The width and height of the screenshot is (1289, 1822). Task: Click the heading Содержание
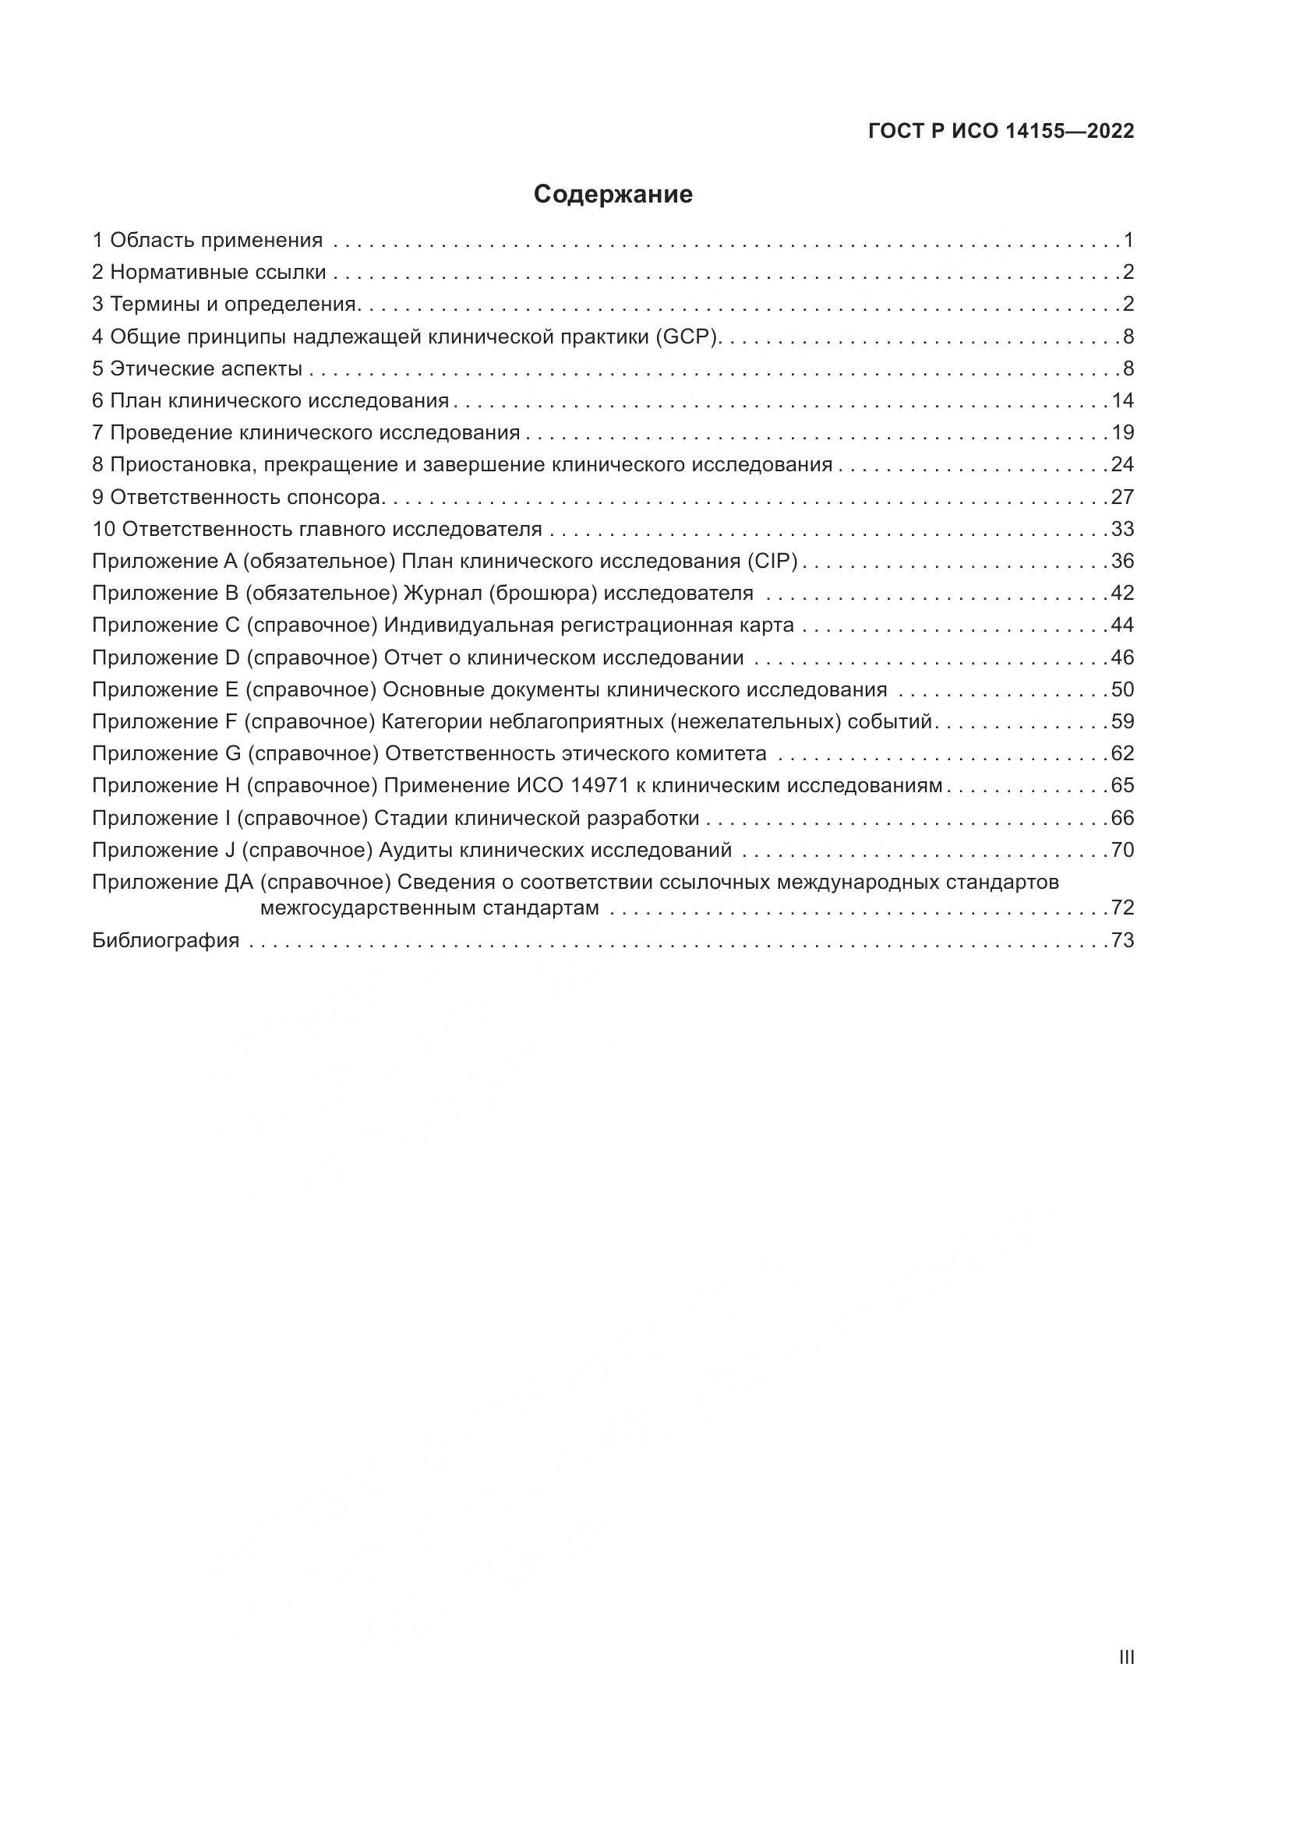[x=613, y=195]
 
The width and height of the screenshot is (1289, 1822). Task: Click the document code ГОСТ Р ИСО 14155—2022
[x=1001, y=132]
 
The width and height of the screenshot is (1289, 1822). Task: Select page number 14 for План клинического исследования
[x=1122, y=400]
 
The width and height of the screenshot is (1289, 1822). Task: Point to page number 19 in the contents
[x=1122, y=433]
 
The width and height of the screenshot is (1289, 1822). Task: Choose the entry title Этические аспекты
[x=207, y=369]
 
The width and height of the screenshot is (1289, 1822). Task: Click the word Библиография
[x=166, y=941]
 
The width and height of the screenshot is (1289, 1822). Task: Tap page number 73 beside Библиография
[x=1122, y=941]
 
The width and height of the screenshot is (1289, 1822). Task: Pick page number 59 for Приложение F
[x=1122, y=722]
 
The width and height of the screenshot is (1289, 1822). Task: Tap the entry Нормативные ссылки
[x=217, y=273]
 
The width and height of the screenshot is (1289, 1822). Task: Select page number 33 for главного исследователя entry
[x=1122, y=529]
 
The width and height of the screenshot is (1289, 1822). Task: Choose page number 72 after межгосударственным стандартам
[x=1122, y=907]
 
